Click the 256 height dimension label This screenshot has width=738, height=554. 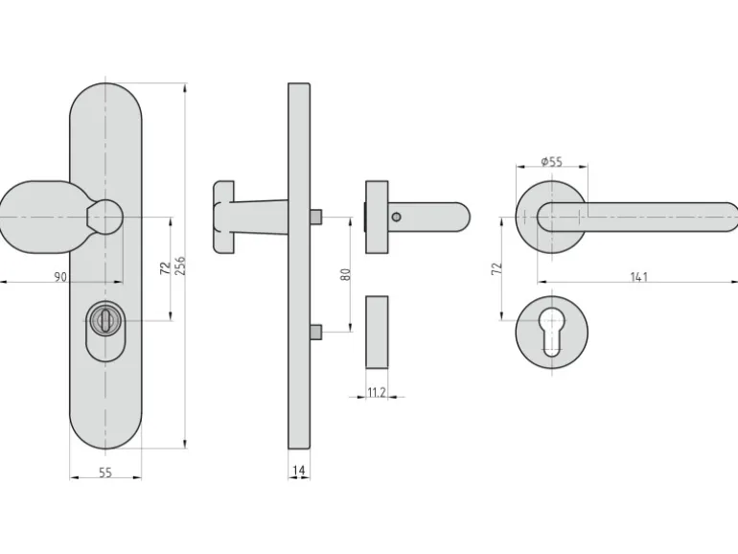(180, 265)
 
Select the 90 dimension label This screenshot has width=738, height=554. (60, 277)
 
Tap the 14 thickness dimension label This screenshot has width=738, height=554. (299, 471)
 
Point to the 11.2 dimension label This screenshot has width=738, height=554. (377, 392)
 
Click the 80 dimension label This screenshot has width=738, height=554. (345, 274)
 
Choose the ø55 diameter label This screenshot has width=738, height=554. (552, 161)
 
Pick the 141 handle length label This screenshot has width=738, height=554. (639, 277)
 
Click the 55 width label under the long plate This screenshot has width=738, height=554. (105, 473)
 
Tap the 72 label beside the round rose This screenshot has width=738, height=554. (496, 268)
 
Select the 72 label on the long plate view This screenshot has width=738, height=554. (165, 268)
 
